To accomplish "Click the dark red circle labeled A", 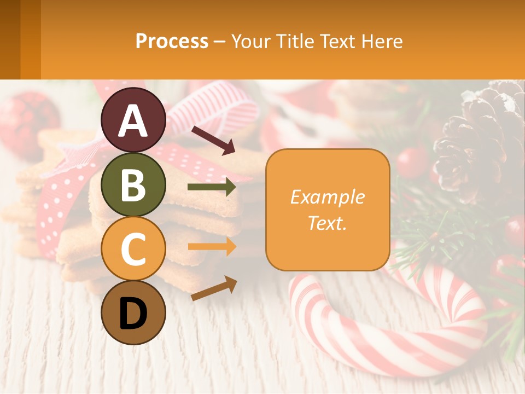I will point(133,120).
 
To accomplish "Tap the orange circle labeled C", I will point(133,248).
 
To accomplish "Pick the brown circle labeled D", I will point(133,312).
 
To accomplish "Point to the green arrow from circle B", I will point(212,188).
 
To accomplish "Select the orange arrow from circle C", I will point(212,246).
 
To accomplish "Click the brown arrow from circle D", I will point(214,288).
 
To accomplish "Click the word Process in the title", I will point(172,41).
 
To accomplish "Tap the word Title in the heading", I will point(297,41).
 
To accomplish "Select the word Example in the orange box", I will point(327,197).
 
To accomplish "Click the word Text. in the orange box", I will point(327,223).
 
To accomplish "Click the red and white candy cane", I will point(383,328).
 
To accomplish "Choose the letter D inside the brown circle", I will point(133,314).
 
